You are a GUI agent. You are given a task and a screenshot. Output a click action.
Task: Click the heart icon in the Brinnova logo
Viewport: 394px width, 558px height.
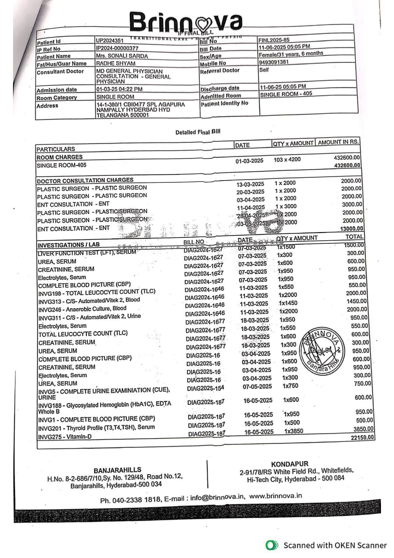click(204, 23)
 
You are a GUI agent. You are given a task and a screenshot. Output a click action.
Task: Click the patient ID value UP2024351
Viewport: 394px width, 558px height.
click(110, 40)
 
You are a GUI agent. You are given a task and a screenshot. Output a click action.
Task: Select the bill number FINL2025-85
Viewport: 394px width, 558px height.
click(274, 40)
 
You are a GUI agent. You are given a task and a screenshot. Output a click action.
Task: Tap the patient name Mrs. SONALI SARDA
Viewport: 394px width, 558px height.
click(122, 56)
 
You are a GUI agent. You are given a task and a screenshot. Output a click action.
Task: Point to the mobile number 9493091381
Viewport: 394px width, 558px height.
click(274, 62)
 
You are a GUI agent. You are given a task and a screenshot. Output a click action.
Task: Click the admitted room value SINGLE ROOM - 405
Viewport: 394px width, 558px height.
click(286, 94)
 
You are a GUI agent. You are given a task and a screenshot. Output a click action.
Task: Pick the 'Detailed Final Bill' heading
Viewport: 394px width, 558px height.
click(198, 132)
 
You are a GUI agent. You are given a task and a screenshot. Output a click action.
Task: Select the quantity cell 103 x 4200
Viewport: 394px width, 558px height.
click(287, 160)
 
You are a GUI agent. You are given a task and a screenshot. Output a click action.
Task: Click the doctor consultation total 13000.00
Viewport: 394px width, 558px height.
click(351, 229)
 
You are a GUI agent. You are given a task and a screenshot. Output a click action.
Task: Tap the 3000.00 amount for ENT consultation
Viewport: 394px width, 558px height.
click(352, 204)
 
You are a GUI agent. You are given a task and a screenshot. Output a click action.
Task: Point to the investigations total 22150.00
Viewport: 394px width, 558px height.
click(362, 437)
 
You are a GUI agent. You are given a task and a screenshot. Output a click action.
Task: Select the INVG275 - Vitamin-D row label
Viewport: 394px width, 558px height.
click(65, 437)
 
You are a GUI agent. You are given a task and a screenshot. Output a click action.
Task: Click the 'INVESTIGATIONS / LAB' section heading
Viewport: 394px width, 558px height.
click(69, 245)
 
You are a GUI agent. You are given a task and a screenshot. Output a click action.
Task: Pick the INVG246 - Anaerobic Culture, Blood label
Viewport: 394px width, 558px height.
click(82, 309)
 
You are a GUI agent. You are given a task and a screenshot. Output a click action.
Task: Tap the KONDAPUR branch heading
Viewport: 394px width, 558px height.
click(289, 464)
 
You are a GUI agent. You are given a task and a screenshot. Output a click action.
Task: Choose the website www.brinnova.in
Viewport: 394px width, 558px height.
click(275, 496)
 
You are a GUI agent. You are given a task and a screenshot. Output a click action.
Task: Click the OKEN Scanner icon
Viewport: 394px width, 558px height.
click(272, 545)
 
